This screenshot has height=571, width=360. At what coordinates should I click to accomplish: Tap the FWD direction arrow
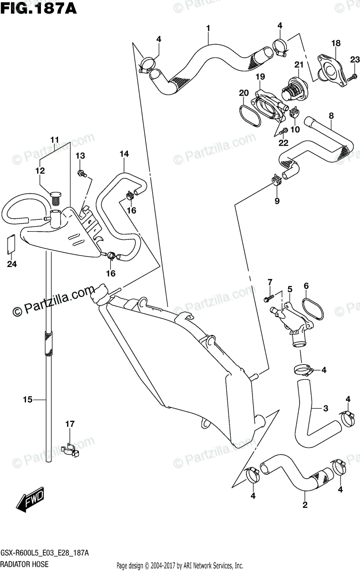click(x=30, y=500)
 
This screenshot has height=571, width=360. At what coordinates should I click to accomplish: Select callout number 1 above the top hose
click(x=208, y=29)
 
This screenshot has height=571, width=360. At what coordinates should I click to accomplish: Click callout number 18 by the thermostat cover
click(x=336, y=43)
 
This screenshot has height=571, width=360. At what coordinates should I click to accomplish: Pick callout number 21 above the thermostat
click(x=299, y=65)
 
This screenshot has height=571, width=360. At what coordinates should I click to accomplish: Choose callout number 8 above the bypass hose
click(x=331, y=115)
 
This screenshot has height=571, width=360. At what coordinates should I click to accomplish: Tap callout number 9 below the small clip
click(x=277, y=201)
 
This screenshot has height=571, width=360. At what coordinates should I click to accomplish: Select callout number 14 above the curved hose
click(x=124, y=154)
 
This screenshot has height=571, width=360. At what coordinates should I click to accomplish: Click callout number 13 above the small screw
click(x=80, y=156)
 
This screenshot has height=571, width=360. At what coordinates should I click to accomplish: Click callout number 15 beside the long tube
click(x=27, y=400)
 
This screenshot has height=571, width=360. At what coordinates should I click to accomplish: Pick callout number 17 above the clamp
click(x=70, y=423)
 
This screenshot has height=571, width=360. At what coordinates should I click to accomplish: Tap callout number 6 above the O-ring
click(x=306, y=285)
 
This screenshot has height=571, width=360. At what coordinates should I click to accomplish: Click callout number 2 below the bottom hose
click(x=305, y=505)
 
